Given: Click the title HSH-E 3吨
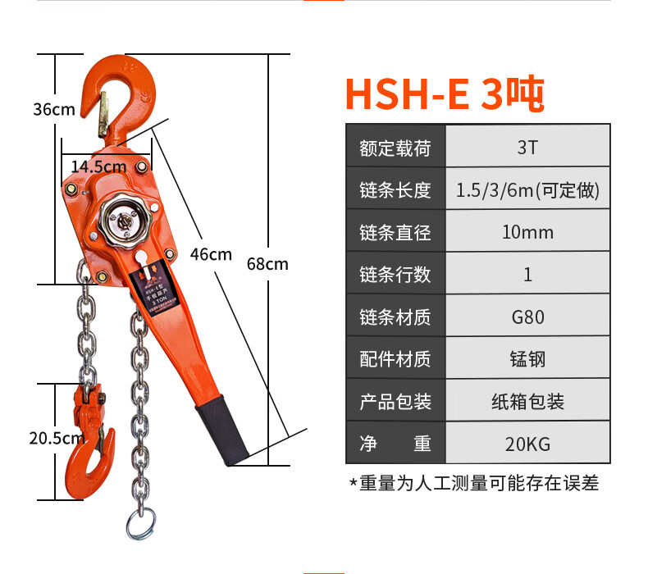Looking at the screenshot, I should click(x=444, y=95).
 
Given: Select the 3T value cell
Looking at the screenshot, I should click(x=527, y=148).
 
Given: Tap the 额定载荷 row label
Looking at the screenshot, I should click(x=395, y=148).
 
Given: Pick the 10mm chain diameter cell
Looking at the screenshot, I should click(x=527, y=232).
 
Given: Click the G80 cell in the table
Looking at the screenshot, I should click(x=527, y=317).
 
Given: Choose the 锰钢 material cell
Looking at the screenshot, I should click(x=527, y=359).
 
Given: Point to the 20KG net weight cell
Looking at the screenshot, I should click(x=527, y=444).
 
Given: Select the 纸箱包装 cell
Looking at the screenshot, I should click(x=527, y=402).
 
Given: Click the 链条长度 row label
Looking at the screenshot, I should click(x=395, y=190).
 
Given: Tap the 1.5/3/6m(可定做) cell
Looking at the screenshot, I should click(x=527, y=190).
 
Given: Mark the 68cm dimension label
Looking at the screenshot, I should click(x=267, y=264).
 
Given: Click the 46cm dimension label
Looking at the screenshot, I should click(x=211, y=254).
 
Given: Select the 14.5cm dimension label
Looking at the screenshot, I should click(x=98, y=166).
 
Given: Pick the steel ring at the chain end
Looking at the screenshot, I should click(x=140, y=523).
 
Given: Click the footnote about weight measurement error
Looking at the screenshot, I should click(x=474, y=483).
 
